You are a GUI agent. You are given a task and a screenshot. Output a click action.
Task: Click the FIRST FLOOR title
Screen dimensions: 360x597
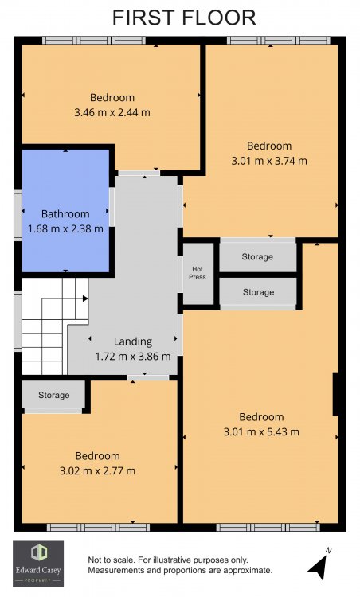pos(184,18)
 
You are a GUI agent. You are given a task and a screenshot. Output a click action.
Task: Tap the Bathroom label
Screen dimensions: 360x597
pos(65,214)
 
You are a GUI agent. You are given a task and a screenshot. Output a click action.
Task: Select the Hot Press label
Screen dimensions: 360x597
pos(198,273)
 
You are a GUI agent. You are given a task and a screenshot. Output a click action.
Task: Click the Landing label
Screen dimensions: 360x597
pos(133,342)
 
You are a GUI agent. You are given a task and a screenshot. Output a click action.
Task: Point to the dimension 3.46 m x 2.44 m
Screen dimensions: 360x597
pos(112,113)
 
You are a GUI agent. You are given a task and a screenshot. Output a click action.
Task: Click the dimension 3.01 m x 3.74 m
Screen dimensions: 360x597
pos(269,161)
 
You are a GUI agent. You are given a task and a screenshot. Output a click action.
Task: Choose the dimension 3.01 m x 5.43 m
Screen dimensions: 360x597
pos(261,431)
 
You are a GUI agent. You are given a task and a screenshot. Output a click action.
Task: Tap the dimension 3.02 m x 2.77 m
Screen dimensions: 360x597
pos(97,471)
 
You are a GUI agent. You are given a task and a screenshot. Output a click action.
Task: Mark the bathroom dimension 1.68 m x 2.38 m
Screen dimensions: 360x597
pos(65,229)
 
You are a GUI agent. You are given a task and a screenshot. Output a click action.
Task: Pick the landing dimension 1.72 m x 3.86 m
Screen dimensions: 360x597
pos(133,357)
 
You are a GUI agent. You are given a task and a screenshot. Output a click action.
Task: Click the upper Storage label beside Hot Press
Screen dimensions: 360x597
pos(257,256)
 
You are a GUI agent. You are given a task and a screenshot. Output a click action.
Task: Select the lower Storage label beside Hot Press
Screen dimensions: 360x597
pos(258,292)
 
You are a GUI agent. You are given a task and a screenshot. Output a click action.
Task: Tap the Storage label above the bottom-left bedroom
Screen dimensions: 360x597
pos(53,395)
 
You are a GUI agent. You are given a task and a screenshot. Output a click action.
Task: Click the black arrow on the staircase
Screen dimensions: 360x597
pos(85,298)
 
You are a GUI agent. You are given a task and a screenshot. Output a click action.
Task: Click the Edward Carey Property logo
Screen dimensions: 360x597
pos(38,564)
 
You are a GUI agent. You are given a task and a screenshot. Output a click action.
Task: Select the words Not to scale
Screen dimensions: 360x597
pos(111,560)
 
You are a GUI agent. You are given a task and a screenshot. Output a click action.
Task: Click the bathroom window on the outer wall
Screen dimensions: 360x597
pos(18,215)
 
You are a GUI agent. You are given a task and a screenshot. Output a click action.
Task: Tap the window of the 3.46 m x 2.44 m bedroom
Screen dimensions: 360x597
pos(94,41)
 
